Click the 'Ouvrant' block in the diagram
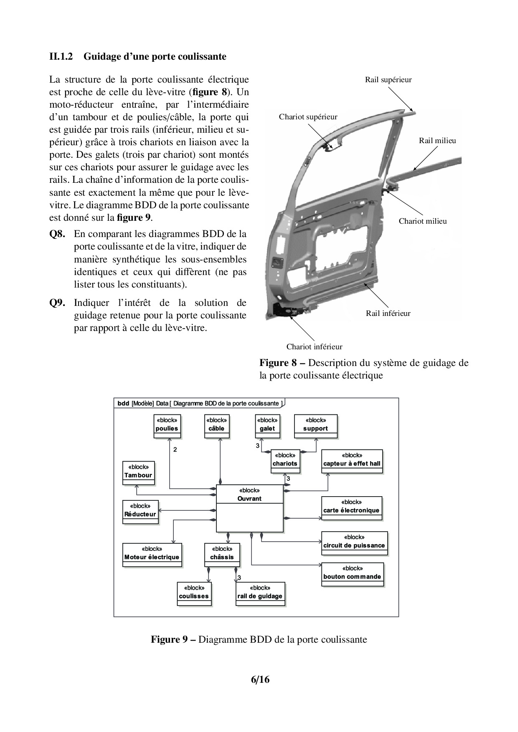pos(249,508)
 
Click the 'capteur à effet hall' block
pos(352,461)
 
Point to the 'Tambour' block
pos(138,472)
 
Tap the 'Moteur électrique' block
pos(152,554)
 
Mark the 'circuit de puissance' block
pos(354,543)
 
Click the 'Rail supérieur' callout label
pos(388,80)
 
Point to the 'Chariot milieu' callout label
pos(422,221)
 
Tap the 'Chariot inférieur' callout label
pos(314,347)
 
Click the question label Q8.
pos(57,234)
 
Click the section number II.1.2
pos(61,56)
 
